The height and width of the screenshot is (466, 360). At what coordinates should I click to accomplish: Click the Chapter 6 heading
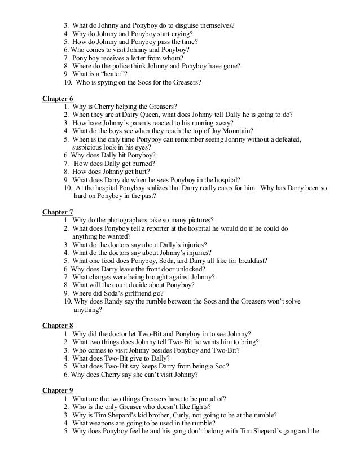pos(58,98)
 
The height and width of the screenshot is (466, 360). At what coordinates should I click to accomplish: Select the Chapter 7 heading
pos(58,212)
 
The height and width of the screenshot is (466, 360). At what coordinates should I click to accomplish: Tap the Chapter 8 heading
pos(58,325)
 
